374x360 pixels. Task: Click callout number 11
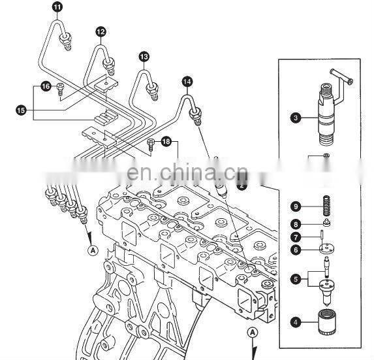click(57, 7)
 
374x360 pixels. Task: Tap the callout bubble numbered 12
click(101, 31)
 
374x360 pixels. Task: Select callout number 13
click(144, 57)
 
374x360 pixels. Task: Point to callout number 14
click(187, 82)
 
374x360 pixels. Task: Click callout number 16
click(46, 86)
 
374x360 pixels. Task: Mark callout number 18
click(166, 142)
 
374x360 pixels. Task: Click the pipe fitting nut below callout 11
click(65, 44)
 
